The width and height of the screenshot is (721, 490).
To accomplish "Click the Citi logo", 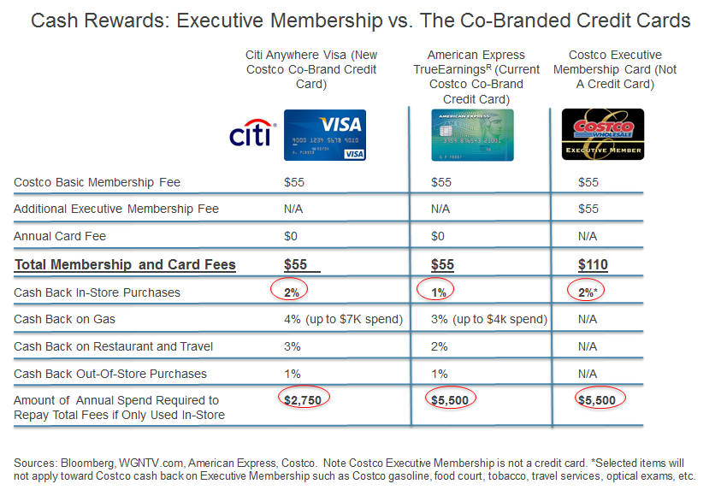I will pyautogui.click(x=251, y=134).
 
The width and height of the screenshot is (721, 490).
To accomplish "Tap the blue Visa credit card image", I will pyautogui.click(x=324, y=135).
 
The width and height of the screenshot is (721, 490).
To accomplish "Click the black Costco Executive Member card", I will pyautogui.click(x=602, y=134).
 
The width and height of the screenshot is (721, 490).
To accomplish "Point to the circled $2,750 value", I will pyautogui.click(x=303, y=398).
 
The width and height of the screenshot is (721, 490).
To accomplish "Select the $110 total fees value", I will pyautogui.click(x=593, y=265).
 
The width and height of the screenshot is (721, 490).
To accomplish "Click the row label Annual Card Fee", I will pyautogui.click(x=60, y=236).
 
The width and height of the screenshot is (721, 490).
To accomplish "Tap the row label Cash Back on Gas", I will pyautogui.click(x=64, y=319).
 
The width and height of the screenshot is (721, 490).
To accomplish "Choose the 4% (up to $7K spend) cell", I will pyautogui.click(x=343, y=319).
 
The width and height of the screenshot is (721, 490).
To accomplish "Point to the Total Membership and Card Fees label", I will pyautogui.click(x=125, y=265).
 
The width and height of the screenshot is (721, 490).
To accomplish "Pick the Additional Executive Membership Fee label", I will pyautogui.click(x=116, y=209).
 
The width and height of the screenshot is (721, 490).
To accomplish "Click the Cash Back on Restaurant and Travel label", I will pyautogui.click(x=114, y=346).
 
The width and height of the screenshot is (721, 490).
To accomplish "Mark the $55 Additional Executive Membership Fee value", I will pyautogui.click(x=588, y=209).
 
